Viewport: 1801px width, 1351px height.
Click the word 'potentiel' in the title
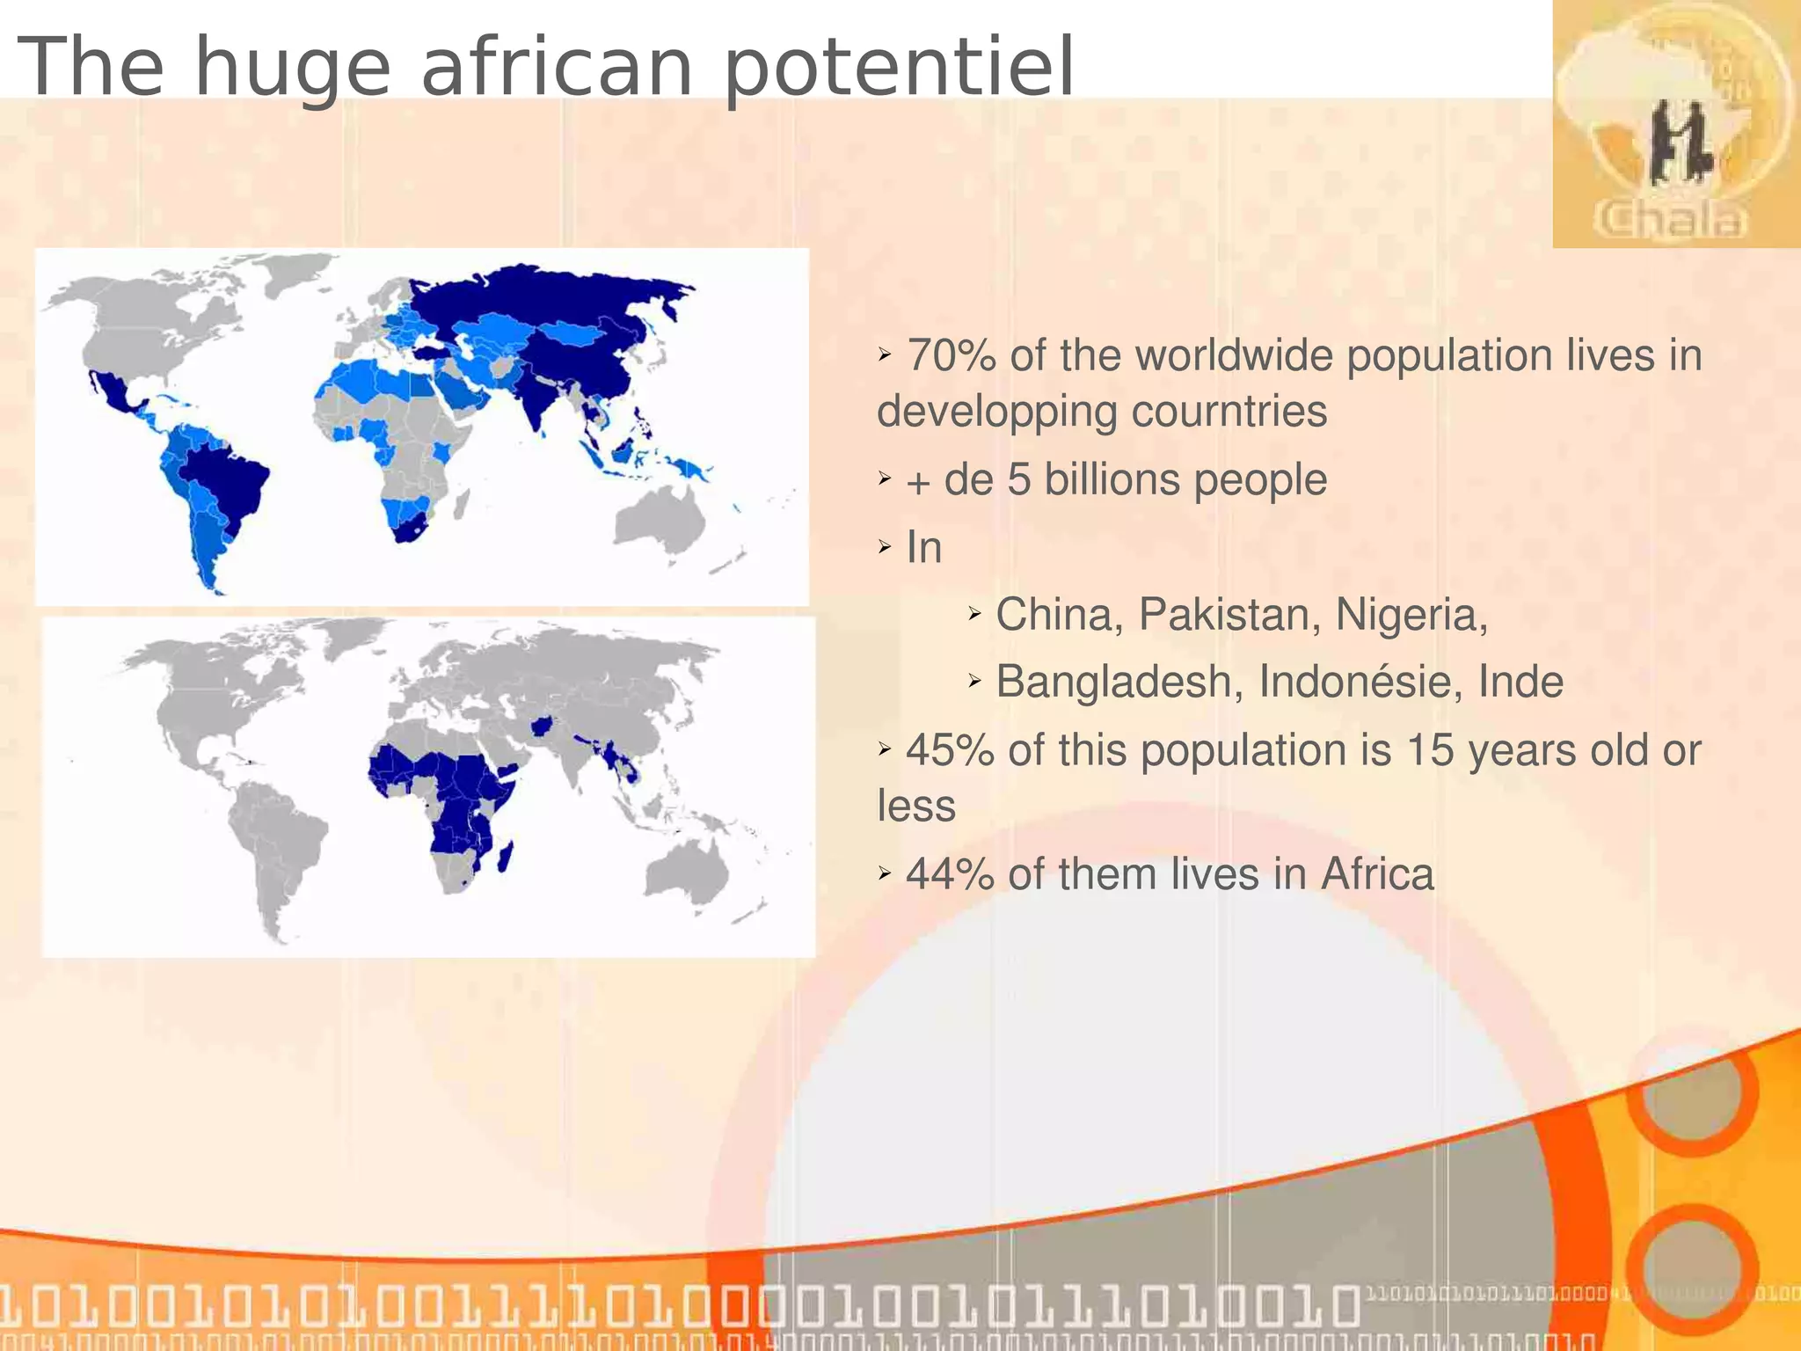pos(898,69)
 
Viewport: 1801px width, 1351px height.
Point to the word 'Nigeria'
pos(1410,614)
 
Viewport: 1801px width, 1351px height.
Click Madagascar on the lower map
pos(505,855)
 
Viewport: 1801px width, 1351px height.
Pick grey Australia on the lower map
pos(687,866)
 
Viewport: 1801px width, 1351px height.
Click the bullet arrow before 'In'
pos(885,548)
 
